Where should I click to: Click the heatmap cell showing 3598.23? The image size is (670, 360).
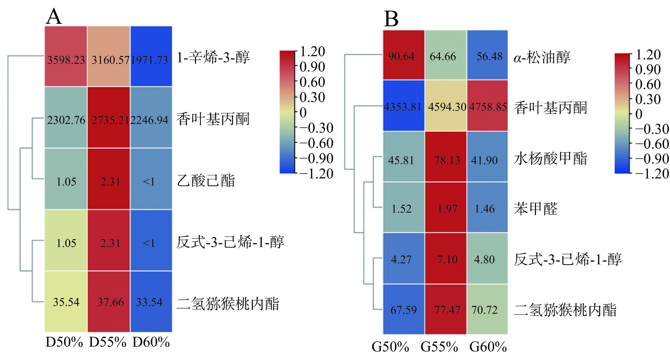[66, 57]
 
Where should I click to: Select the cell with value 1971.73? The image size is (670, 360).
[151, 57]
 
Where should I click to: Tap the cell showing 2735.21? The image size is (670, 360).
[109, 118]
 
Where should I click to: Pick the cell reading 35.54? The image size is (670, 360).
[66, 302]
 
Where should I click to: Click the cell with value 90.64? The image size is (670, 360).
[403, 55]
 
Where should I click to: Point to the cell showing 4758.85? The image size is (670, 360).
[487, 106]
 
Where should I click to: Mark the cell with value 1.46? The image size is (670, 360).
[487, 208]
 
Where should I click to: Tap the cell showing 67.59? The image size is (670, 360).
[403, 309]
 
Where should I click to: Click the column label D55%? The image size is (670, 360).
[107, 342]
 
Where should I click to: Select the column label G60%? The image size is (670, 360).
[488, 347]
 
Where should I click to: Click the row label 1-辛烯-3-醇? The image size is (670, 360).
[213, 57]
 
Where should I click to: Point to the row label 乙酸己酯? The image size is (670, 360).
[206, 181]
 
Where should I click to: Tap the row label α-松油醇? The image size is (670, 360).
[542, 57]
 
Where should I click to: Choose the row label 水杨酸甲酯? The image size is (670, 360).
[551, 158]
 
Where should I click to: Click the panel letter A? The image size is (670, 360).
[54, 16]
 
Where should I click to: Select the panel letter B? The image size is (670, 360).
[391, 19]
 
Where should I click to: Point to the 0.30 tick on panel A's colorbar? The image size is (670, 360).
[312, 97]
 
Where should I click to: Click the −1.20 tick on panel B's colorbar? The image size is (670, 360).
[652, 174]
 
